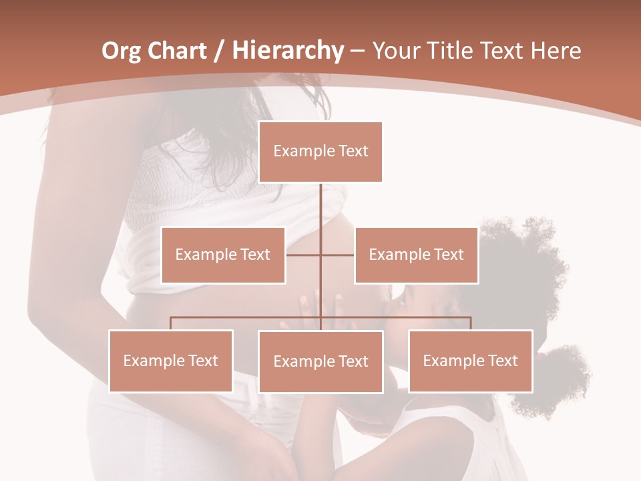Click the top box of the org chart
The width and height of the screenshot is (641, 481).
[x=320, y=152]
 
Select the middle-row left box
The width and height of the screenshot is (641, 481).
[x=223, y=255]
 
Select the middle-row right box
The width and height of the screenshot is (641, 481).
[x=416, y=255]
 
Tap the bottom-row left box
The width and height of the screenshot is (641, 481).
[x=170, y=361]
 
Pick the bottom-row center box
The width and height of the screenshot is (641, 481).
[x=320, y=361]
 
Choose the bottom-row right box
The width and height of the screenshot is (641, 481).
[x=470, y=361]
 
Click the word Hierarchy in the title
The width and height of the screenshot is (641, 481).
[x=288, y=50]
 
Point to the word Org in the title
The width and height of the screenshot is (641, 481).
[x=121, y=50]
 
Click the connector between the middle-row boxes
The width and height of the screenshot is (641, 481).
[x=320, y=255]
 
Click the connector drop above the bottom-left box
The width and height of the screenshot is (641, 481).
[x=170, y=323]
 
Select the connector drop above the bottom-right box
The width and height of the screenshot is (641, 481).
[x=471, y=323]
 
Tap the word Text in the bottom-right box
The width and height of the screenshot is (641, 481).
[x=503, y=361]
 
